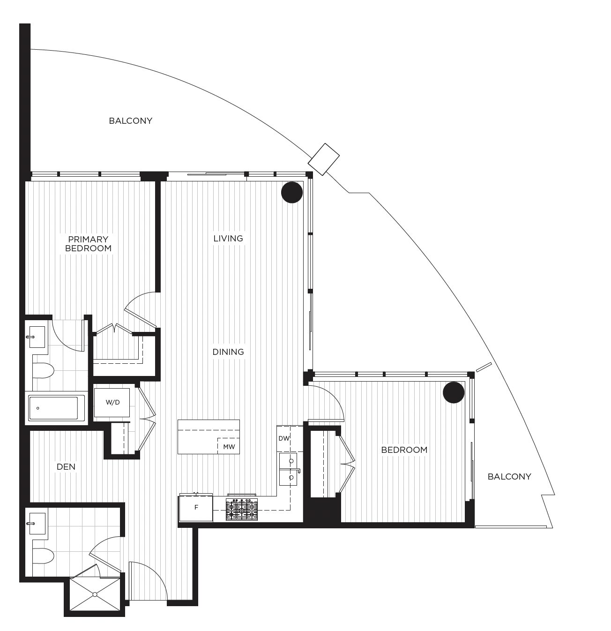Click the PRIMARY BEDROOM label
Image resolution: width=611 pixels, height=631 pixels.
tap(88, 244)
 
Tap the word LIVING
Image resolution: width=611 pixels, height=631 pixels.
tap(228, 239)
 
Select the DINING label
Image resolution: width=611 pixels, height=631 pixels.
tap(228, 352)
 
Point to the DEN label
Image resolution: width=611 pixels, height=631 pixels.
tap(66, 467)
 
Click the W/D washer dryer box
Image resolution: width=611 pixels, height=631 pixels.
tap(112, 402)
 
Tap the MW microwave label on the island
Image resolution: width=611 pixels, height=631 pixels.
tap(229, 447)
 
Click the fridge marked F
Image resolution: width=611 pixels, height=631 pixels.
tap(196, 507)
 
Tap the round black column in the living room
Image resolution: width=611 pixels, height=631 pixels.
tap(292, 192)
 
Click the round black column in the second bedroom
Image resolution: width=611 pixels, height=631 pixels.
tap(454, 392)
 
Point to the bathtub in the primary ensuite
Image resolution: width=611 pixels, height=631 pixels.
tap(56, 408)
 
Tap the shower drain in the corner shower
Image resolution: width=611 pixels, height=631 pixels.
tap(95, 594)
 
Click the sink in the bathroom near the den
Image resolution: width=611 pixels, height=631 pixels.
tap(37, 524)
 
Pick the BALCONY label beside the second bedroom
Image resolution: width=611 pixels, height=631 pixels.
tap(509, 477)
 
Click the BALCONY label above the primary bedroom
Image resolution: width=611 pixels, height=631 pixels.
tap(131, 121)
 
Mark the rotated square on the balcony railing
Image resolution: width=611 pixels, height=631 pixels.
tap(323, 159)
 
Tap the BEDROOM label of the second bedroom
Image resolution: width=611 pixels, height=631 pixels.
tap(404, 450)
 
